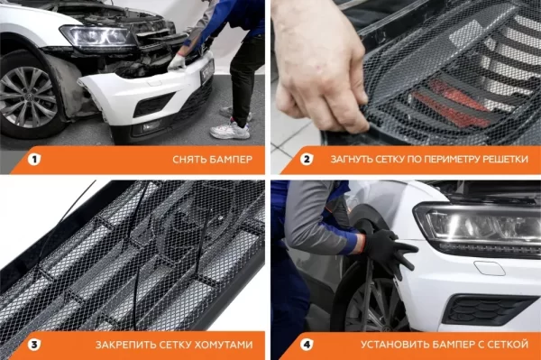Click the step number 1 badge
point(34,160)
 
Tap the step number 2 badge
point(307,160)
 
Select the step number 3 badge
point(34,345)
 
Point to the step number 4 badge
point(307,345)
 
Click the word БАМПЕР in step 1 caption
point(230,160)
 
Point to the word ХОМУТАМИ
point(224,345)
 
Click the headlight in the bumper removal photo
point(98,36)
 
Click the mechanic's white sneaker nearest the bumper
point(230,131)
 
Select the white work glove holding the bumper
point(177,62)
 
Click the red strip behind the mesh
point(453,105)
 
